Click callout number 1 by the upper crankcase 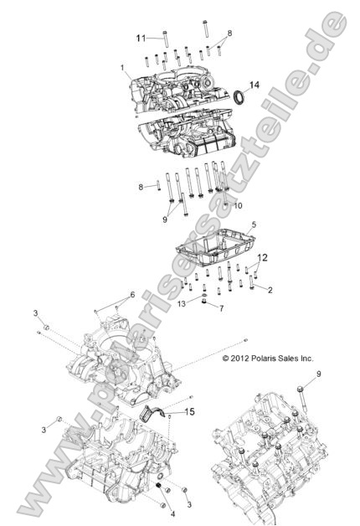(x=123, y=67)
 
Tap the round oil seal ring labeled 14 (x=239, y=96)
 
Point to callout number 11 (x=141, y=38)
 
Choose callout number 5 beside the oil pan (x=253, y=226)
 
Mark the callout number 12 (x=262, y=259)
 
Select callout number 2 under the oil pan (x=270, y=289)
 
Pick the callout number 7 (x=222, y=309)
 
